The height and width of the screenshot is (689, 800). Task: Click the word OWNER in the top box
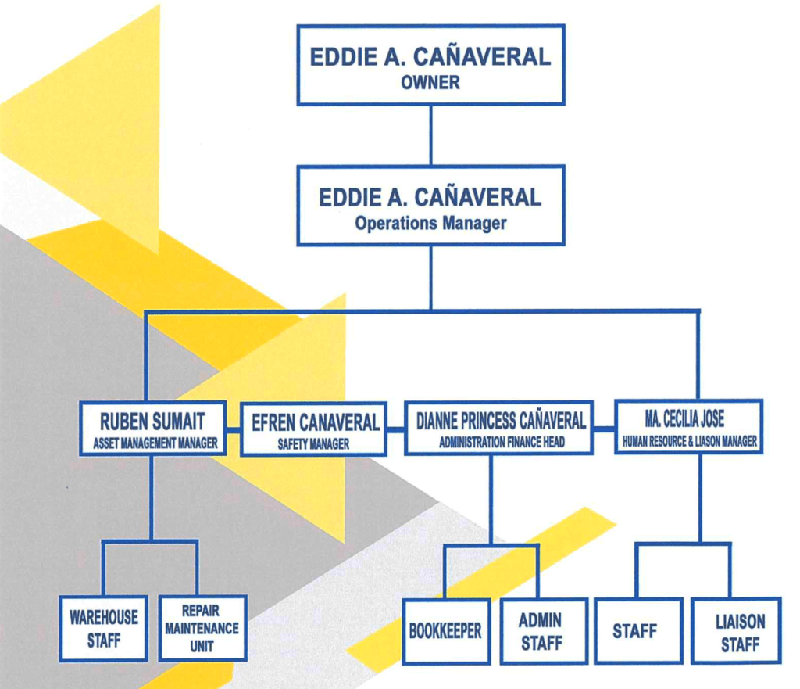tap(430, 81)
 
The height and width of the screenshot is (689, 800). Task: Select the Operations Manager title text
tap(430, 223)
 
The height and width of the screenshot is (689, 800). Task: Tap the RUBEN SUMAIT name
tap(152, 422)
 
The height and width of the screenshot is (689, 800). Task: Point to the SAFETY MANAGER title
tap(313, 444)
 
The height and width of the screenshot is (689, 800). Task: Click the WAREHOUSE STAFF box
tap(103, 628)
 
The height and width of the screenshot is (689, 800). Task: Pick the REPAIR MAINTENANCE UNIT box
tap(202, 628)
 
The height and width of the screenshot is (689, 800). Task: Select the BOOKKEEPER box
tap(445, 630)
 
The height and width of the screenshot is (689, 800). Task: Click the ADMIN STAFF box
tap(541, 631)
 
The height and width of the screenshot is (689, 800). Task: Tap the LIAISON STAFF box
tap(740, 633)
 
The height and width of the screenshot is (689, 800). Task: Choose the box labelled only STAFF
tap(634, 631)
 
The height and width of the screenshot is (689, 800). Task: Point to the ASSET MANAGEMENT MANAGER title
tap(152, 443)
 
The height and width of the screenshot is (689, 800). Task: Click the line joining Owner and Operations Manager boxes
tap(430, 134)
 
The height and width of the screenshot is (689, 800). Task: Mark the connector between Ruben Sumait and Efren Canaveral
tap(233, 430)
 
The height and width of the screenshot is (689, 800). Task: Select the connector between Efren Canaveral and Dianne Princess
tap(395, 429)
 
